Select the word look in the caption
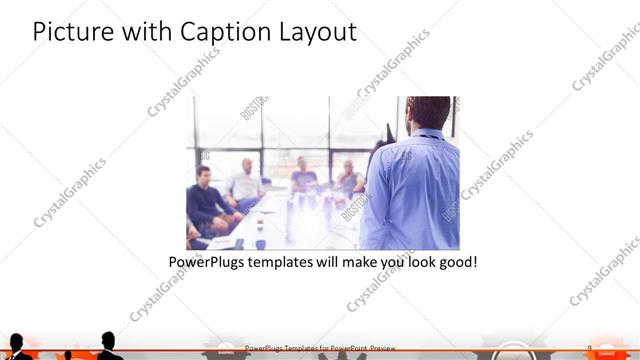pos(415,263)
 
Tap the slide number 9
pos(590,348)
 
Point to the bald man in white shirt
pos(245,180)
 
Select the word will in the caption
pos(340,263)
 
